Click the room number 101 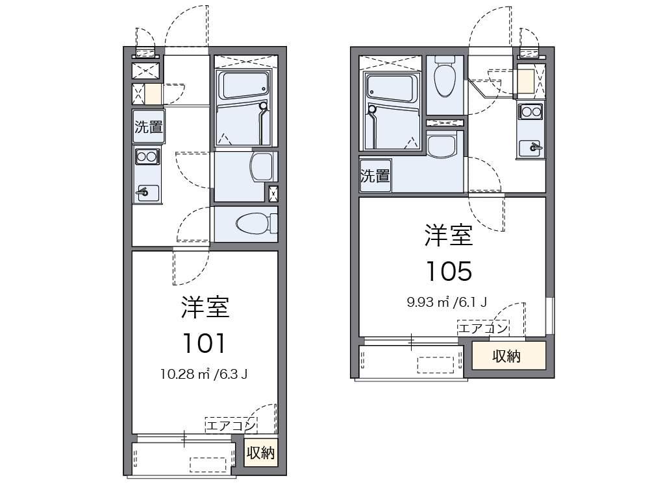pyautogui.click(x=205, y=343)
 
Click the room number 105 pyautogui.click(x=449, y=271)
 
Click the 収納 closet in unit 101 pyautogui.click(x=261, y=453)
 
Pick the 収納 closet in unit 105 pyautogui.click(x=508, y=356)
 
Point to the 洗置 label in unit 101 pyautogui.click(x=149, y=126)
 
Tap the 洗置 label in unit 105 pyautogui.click(x=375, y=176)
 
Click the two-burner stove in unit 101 pyautogui.click(x=146, y=157)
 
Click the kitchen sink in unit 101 pyautogui.click(x=147, y=193)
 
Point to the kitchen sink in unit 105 pyautogui.click(x=530, y=148)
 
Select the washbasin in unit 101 pyautogui.click(x=262, y=167)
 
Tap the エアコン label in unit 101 pyautogui.click(x=231, y=425)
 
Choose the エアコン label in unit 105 pyautogui.click(x=483, y=328)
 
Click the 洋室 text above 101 pyautogui.click(x=205, y=307)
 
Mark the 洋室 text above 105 pyautogui.click(x=449, y=235)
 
